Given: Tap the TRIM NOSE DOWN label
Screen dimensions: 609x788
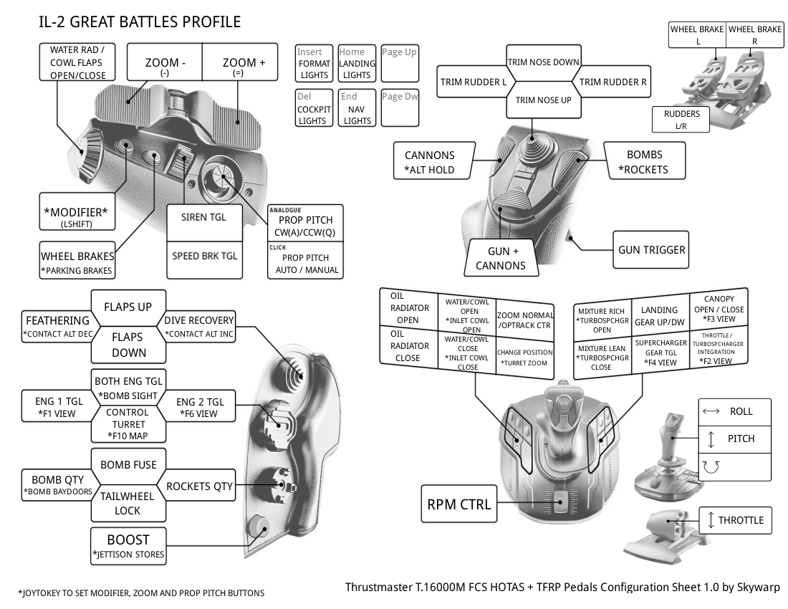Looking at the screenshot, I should (x=543, y=62).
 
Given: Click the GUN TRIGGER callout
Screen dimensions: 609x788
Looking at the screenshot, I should (x=651, y=249).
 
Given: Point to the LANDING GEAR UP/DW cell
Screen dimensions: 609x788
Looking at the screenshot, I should (x=659, y=315).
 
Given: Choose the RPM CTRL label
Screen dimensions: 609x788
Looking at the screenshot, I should (x=459, y=504).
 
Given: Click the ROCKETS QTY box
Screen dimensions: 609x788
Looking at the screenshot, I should (x=200, y=486).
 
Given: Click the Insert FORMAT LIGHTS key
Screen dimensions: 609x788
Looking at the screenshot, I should (x=314, y=63).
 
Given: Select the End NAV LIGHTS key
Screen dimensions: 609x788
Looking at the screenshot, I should (x=357, y=108).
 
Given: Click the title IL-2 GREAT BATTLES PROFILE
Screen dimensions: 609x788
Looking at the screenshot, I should (x=140, y=22).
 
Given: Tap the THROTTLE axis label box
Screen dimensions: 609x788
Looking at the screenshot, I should (x=735, y=520).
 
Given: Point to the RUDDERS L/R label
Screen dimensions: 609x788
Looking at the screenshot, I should (x=681, y=120).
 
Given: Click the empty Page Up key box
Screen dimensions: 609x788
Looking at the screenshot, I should (x=399, y=63).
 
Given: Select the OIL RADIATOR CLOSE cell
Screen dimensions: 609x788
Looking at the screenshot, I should (x=408, y=346).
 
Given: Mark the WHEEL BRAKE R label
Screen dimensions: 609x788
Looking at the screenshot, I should (x=754, y=35).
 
